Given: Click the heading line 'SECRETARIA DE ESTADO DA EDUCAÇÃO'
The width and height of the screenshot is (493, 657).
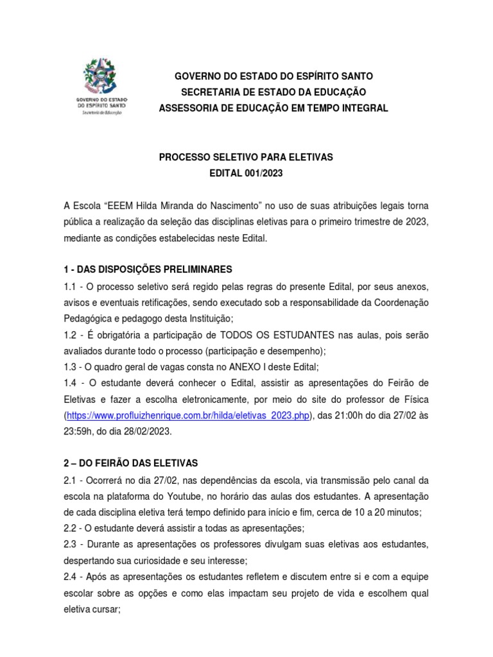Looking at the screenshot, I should [273, 92].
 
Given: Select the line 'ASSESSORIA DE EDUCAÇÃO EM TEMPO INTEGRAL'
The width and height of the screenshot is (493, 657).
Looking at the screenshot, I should [273, 108].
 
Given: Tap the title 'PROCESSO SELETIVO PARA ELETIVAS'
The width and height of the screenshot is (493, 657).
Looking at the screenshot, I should [246, 157].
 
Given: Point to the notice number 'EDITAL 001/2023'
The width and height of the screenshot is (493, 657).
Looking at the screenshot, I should [246, 173].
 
